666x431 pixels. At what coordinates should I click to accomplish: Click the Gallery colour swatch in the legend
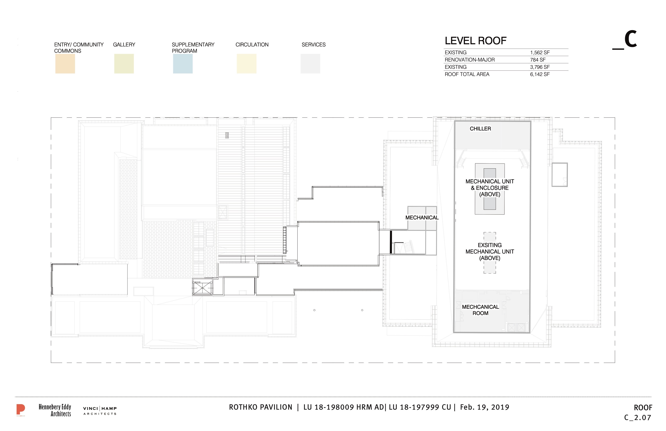(x=124, y=63)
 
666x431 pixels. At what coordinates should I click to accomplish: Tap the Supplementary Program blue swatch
(x=183, y=63)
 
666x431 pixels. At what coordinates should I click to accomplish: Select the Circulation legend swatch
(x=247, y=63)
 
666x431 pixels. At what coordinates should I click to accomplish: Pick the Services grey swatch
(x=310, y=63)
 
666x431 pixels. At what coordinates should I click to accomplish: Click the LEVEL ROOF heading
(x=476, y=41)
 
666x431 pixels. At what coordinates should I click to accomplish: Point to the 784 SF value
(x=538, y=60)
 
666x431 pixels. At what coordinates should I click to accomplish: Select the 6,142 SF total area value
(x=540, y=74)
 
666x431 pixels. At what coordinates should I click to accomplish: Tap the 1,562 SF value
(x=540, y=52)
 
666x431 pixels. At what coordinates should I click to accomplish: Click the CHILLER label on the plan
(x=480, y=129)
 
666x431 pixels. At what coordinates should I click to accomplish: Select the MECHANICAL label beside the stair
(x=422, y=217)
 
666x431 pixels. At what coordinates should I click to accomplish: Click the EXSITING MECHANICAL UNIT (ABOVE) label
(x=490, y=252)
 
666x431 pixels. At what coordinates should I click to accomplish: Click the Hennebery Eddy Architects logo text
(x=55, y=410)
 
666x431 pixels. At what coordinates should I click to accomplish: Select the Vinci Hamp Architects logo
(x=100, y=411)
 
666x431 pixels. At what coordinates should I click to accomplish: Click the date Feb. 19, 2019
(x=485, y=407)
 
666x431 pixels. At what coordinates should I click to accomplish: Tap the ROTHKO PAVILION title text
(x=261, y=407)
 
